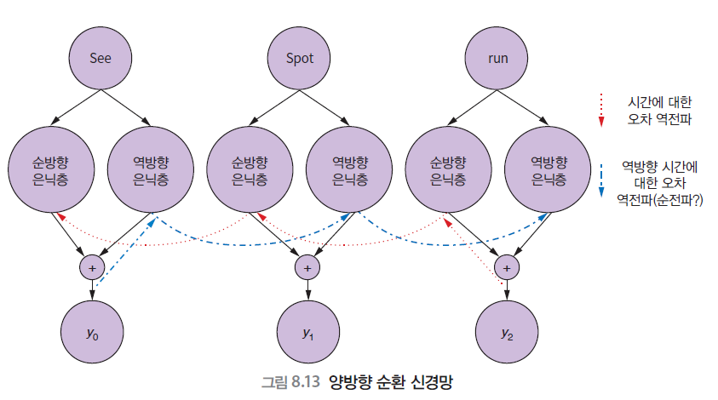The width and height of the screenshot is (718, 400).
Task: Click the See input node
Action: click(101, 59)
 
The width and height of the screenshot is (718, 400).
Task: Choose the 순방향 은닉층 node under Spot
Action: click(249, 171)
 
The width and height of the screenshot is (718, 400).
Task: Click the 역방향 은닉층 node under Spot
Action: click(350, 171)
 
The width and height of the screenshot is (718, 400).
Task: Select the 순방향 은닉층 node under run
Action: click(447, 171)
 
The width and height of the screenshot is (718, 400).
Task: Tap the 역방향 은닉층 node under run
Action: click(549, 171)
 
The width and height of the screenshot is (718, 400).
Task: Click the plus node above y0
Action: click(92, 266)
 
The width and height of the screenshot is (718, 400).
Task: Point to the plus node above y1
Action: click(307, 266)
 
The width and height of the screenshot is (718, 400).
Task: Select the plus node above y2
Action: click(507, 266)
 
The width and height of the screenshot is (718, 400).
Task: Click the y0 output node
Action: click(93, 332)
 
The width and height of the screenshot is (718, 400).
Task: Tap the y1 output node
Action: click(308, 332)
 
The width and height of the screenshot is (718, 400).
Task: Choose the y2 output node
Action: click(507, 332)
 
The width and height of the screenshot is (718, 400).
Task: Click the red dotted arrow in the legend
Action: click(600, 110)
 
